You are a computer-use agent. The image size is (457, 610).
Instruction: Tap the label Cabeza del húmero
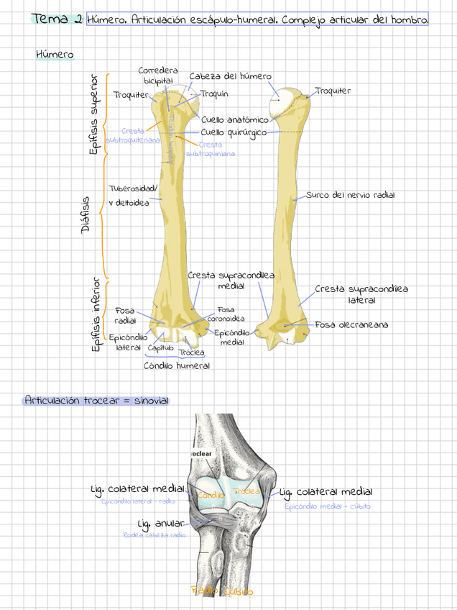pos(230,76)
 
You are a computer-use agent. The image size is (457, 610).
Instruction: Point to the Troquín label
pos(214,94)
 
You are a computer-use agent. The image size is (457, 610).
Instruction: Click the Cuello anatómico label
pos(234,119)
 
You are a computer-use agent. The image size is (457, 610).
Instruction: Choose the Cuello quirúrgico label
pos(234,132)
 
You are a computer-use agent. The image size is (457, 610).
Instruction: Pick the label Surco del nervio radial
pos(350,195)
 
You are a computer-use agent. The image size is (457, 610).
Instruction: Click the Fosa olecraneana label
pos(351,325)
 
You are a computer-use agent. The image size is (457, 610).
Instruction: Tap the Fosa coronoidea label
pos(226,314)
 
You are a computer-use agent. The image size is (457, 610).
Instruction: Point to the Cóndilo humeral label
pos(177,365)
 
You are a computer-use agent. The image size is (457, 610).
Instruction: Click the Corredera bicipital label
pos(157,76)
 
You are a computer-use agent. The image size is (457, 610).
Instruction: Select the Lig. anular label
pos(160,523)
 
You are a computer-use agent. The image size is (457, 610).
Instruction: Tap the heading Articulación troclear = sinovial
pos(97,400)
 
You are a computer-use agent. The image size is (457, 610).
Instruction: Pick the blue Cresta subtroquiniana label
pos(210,149)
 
